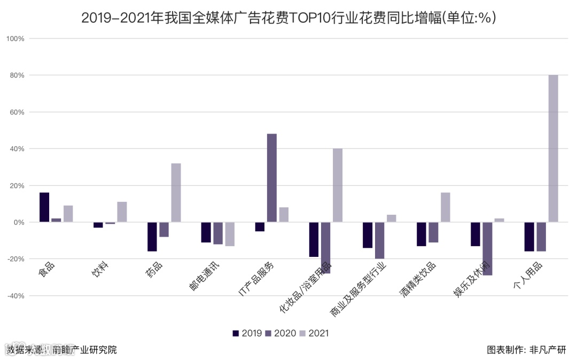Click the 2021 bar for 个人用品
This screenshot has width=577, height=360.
(553, 148)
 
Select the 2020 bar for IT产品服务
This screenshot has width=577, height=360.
(271, 177)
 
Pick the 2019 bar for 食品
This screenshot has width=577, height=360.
(44, 207)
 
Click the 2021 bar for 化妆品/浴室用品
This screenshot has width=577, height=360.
(338, 185)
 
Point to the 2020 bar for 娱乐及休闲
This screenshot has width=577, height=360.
(487, 248)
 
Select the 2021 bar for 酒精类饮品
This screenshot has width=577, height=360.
(446, 207)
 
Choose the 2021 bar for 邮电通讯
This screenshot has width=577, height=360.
(230, 234)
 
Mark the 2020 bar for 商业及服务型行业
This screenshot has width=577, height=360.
(379, 240)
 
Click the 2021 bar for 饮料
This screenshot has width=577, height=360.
(122, 212)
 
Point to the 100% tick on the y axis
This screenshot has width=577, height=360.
(15, 39)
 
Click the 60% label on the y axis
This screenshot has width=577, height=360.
(17, 112)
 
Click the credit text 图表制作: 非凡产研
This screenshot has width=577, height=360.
(526, 350)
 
